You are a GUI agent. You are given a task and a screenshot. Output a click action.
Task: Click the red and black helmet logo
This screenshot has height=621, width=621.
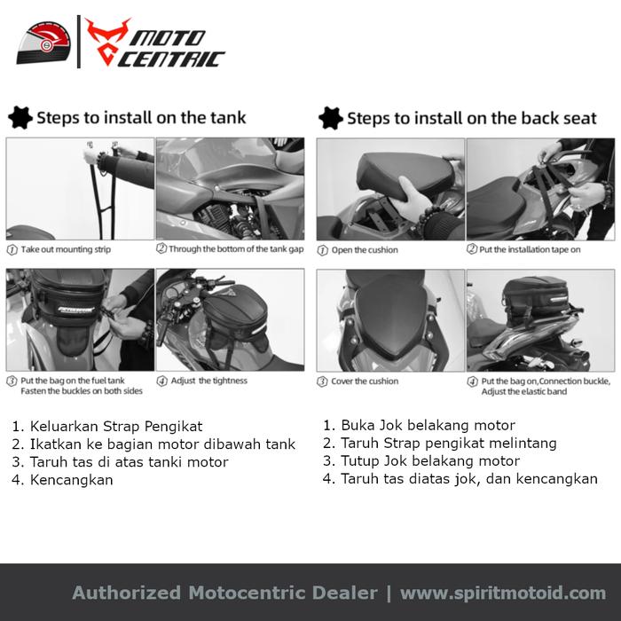tap(43, 43)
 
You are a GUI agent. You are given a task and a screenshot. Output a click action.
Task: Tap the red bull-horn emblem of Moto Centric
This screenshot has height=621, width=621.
tap(107, 42)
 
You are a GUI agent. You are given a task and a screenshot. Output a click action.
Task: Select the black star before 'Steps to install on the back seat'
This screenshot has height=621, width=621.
tap(330, 118)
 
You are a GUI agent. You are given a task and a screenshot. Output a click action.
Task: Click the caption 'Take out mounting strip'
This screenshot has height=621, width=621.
tap(66, 249)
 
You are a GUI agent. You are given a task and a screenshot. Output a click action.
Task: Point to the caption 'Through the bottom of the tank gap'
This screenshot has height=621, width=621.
tap(236, 249)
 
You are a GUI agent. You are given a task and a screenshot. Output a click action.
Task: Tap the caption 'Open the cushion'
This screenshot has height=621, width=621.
tap(365, 250)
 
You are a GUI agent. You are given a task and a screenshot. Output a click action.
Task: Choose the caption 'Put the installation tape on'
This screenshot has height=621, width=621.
tap(530, 249)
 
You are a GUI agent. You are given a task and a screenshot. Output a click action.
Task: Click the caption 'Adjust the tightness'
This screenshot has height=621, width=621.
tap(208, 381)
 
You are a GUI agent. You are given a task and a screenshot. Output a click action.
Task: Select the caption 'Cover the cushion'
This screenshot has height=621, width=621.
tap(365, 381)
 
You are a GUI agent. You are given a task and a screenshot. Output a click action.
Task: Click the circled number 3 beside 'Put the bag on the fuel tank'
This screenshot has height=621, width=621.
tap(12, 381)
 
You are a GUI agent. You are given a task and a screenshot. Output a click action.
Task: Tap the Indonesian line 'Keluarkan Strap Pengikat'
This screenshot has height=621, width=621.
tap(116, 427)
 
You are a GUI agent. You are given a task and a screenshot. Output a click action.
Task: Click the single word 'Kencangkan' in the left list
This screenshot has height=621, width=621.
tap(71, 480)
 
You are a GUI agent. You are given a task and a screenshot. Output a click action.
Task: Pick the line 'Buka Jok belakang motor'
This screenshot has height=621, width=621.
tap(428, 425)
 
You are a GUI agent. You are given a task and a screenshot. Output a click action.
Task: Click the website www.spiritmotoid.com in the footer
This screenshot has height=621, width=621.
tap(503, 593)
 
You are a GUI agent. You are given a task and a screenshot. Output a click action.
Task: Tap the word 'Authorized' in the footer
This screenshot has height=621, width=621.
tap(126, 593)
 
